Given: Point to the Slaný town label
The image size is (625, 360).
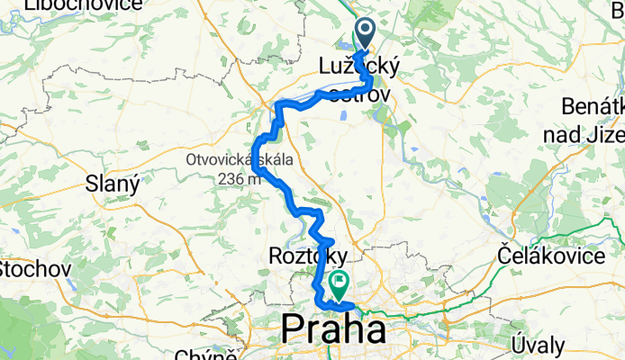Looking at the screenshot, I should (x=112, y=184).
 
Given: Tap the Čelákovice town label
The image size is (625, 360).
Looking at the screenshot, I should (x=550, y=256).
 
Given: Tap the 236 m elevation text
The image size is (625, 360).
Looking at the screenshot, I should (x=239, y=178).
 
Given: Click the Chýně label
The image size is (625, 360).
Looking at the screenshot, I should (x=213, y=353).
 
